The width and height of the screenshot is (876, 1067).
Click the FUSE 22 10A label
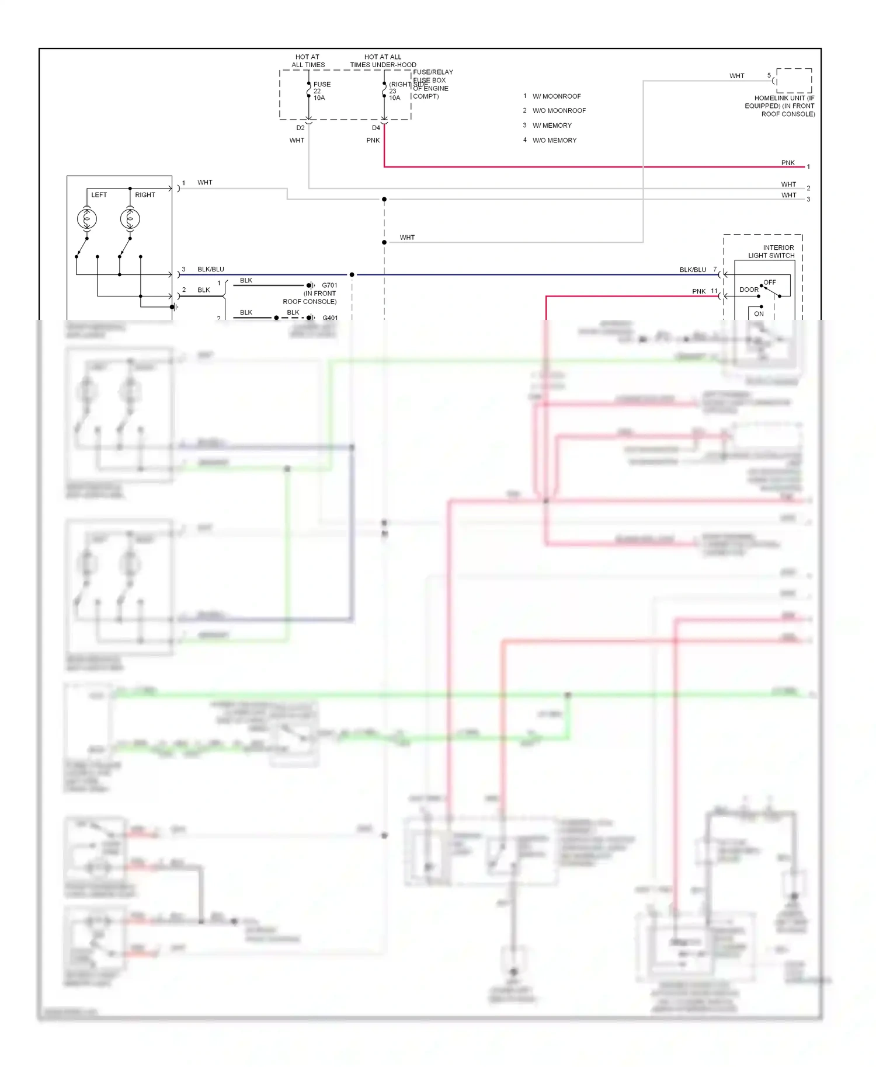tap(321, 91)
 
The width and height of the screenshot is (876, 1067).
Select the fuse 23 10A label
tap(395, 91)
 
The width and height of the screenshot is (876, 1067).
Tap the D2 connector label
tap(300, 128)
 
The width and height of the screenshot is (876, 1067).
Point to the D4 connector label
tap(376, 128)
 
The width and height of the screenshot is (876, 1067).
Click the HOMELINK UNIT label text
tap(780, 106)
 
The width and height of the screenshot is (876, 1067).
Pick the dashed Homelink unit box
tap(794, 81)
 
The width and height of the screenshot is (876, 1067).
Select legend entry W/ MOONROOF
tap(556, 96)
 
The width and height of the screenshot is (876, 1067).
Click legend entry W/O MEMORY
tap(554, 140)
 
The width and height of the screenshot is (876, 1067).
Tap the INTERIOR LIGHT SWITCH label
tap(773, 252)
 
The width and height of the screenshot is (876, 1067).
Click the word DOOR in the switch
tap(749, 290)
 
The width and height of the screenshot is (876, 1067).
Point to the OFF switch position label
tap(770, 282)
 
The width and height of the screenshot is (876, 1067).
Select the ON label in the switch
tap(759, 313)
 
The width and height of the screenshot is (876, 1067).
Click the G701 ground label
tap(329, 285)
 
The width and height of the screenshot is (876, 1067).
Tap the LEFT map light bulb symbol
tap(87, 219)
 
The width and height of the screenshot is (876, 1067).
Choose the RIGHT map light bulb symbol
tap(130, 219)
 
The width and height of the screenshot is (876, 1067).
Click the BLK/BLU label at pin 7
tap(693, 270)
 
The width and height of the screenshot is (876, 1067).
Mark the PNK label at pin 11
tap(698, 291)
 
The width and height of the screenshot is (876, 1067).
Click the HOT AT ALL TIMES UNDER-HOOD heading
tap(383, 61)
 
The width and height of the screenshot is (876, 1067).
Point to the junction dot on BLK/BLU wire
tap(352, 274)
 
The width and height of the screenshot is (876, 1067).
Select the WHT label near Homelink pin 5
tap(736, 76)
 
